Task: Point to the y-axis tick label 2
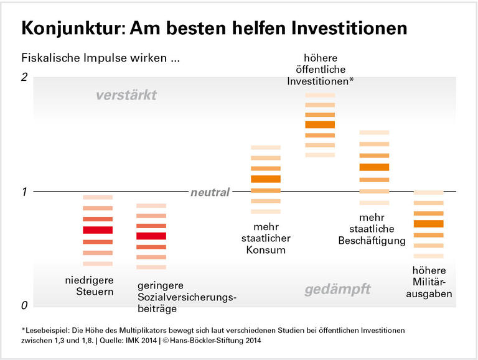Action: pyautogui.click(x=24, y=77)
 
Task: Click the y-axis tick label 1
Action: pyautogui.click(x=24, y=192)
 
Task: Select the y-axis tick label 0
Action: pyautogui.click(x=24, y=306)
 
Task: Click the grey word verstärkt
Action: pyautogui.click(x=126, y=95)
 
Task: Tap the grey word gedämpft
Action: pyautogui.click(x=337, y=289)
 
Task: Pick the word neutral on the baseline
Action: pyautogui.click(x=210, y=192)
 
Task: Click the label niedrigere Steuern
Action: pyautogui.click(x=90, y=285)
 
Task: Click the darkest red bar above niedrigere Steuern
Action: pyautogui.click(x=98, y=229)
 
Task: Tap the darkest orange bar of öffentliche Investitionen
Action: pyautogui.click(x=320, y=124)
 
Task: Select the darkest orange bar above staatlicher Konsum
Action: pyautogui.click(x=266, y=179)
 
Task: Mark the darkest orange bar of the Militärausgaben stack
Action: pyautogui.click(x=429, y=224)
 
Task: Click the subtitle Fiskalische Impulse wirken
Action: pyautogui.click(x=100, y=60)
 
